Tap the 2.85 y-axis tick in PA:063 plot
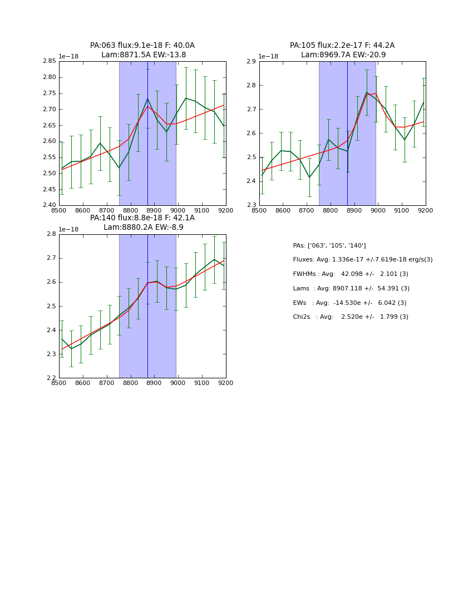[x=50, y=61]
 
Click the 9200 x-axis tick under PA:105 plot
[x=425, y=210]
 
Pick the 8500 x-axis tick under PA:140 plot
[x=59, y=383]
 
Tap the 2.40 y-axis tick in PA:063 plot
[x=50, y=205]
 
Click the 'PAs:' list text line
[x=329, y=245]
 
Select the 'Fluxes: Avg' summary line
[x=362, y=260]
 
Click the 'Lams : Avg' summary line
[x=351, y=288]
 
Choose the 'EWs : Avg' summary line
[x=349, y=303]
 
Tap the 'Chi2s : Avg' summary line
[x=351, y=317]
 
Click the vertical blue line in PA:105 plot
[x=347, y=134]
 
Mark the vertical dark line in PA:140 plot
[x=147, y=306]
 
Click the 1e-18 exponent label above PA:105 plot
[x=269, y=56]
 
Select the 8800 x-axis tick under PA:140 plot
[x=130, y=383]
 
